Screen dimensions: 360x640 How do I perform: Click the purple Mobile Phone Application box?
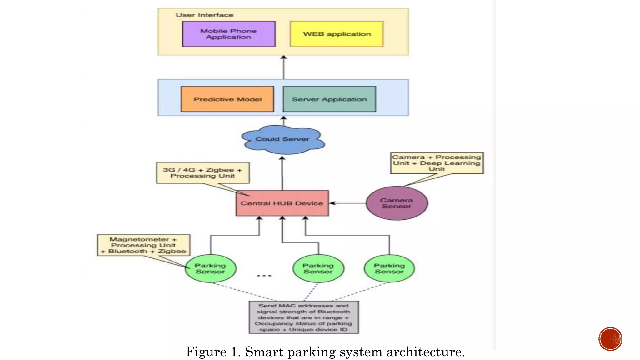[229, 34]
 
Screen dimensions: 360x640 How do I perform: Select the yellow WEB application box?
[337, 34]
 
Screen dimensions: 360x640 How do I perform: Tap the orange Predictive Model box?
[227, 99]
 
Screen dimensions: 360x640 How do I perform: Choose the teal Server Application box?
[329, 99]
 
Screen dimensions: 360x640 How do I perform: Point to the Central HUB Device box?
[282, 203]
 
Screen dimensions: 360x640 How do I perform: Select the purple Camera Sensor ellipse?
[397, 203]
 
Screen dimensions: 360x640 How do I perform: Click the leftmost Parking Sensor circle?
[210, 269]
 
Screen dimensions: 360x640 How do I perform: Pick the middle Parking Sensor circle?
[318, 269]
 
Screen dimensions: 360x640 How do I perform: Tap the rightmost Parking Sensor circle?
[389, 269]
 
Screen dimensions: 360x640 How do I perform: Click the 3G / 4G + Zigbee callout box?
[203, 172]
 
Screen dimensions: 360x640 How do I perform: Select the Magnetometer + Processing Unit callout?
[143, 245]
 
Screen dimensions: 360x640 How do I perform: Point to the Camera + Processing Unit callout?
[437, 163]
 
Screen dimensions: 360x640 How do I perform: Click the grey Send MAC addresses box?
[304, 317]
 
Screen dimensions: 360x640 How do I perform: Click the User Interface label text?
[204, 15]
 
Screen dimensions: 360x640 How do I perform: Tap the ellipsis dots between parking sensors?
[264, 276]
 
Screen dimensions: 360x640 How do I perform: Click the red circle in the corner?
[610, 339]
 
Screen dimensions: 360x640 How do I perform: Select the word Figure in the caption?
[206, 352]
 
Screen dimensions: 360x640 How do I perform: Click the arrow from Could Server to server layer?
[284, 121]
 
